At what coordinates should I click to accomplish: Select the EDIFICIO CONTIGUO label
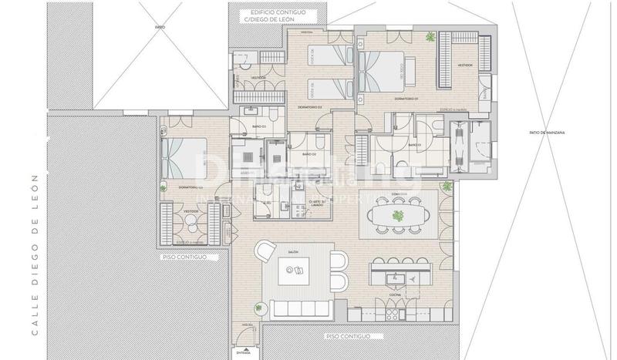(273, 13)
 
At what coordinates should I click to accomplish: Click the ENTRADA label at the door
(244, 353)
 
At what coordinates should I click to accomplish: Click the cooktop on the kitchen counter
(391, 312)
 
